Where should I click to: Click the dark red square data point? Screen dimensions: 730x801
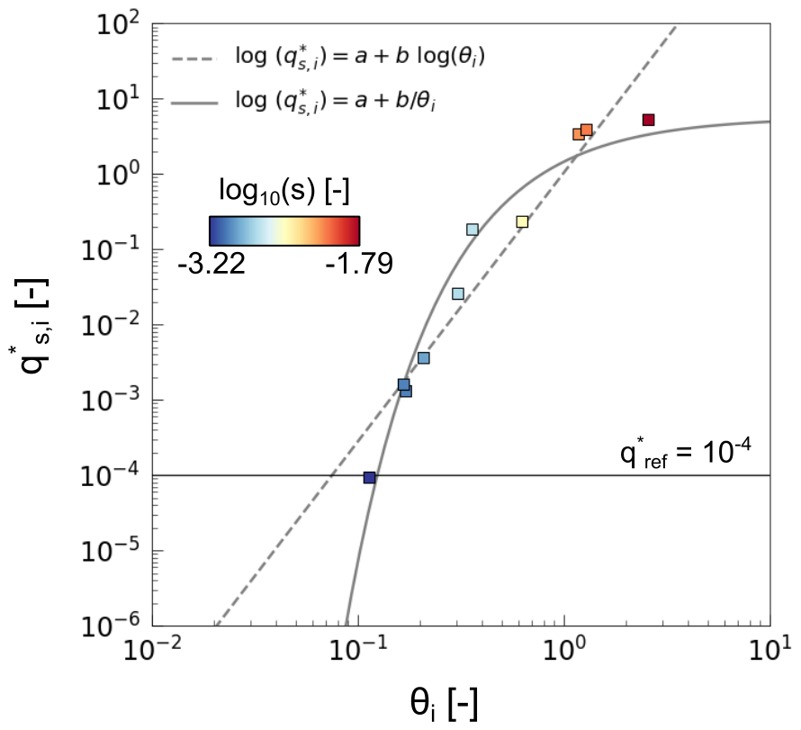pyautogui.click(x=648, y=120)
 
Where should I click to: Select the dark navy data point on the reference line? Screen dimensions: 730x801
pyautogui.click(x=369, y=477)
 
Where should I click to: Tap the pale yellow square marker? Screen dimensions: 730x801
pyautogui.click(x=522, y=221)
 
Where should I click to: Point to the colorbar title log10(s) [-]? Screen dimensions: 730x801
pyautogui.click(x=284, y=191)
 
